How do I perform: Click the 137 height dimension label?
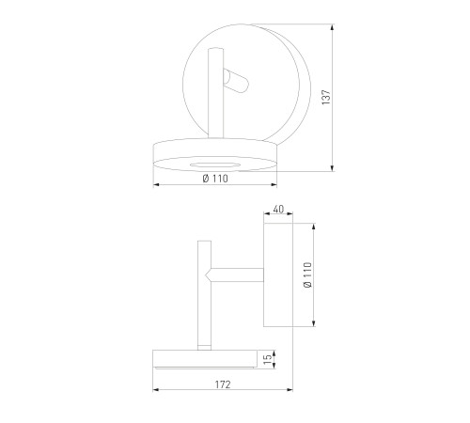[326, 97]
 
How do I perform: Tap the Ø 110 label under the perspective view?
[215, 179]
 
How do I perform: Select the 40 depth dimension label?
[278, 209]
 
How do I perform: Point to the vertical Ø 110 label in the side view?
[308, 275]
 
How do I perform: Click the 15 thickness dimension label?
[268, 359]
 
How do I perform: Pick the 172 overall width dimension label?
[223, 384]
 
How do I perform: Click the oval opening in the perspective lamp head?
[215, 165]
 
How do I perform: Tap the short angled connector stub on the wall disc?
[236, 81]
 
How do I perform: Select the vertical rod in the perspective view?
[215, 93]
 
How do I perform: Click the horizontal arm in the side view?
[237, 274]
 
